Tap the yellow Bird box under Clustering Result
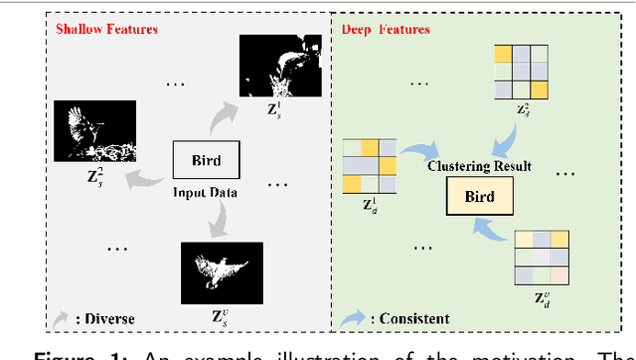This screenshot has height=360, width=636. [x=480, y=196]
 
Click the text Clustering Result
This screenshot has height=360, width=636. [x=478, y=166]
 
